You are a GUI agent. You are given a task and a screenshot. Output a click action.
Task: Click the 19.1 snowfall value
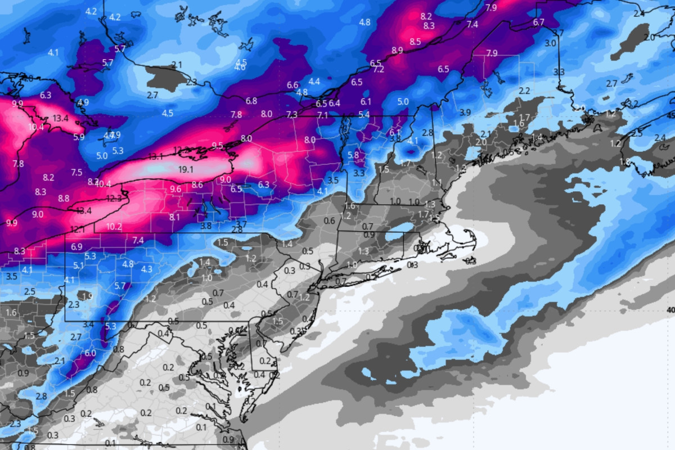point(186,169)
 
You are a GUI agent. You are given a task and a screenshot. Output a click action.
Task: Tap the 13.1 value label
point(156,156)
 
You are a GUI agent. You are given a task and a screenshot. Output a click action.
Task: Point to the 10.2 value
point(114,227)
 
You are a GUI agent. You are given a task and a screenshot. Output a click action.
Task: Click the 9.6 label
point(175,189)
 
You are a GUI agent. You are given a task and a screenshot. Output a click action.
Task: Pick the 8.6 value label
point(197,184)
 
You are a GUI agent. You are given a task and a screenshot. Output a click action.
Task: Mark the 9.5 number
point(218,146)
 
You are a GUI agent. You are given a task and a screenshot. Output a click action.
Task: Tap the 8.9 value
point(397,51)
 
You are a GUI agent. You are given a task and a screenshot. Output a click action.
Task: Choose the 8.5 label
point(415,42)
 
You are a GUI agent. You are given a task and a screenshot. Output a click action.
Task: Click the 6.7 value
point(538,22)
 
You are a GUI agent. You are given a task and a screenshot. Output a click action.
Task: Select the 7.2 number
point(379,69)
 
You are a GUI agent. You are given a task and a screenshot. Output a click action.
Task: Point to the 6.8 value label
point(251,101)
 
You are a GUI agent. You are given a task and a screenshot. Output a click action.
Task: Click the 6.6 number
point(292,85)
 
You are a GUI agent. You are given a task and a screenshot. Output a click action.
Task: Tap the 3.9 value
point(465,112)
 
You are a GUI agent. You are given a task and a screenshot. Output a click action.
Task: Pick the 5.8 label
point(353,155)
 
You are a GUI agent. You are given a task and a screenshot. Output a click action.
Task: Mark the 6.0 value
point(90,353)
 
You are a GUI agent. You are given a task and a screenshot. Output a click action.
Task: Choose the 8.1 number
point(174,217)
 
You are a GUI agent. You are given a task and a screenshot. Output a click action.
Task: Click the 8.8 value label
point(64,199)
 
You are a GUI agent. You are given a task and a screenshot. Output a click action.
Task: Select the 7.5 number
point(76,172)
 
